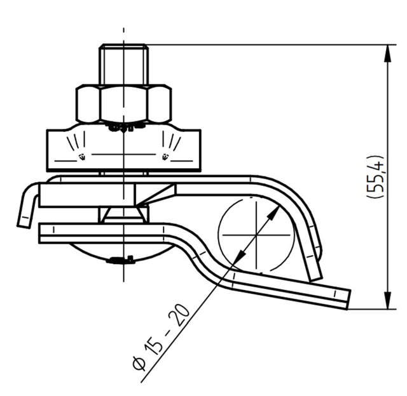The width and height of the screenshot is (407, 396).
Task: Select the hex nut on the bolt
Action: coord(123,104)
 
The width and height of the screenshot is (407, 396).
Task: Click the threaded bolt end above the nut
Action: coord(123,63)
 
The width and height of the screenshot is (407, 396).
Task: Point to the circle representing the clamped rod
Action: coord(256,234)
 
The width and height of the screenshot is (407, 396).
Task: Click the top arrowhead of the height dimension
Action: coord(387,51)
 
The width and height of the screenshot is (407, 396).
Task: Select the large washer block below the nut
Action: coord(123,150)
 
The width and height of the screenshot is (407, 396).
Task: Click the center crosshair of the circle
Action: coord(256,234)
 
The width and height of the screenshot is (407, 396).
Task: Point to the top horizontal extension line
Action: coord(267,44)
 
